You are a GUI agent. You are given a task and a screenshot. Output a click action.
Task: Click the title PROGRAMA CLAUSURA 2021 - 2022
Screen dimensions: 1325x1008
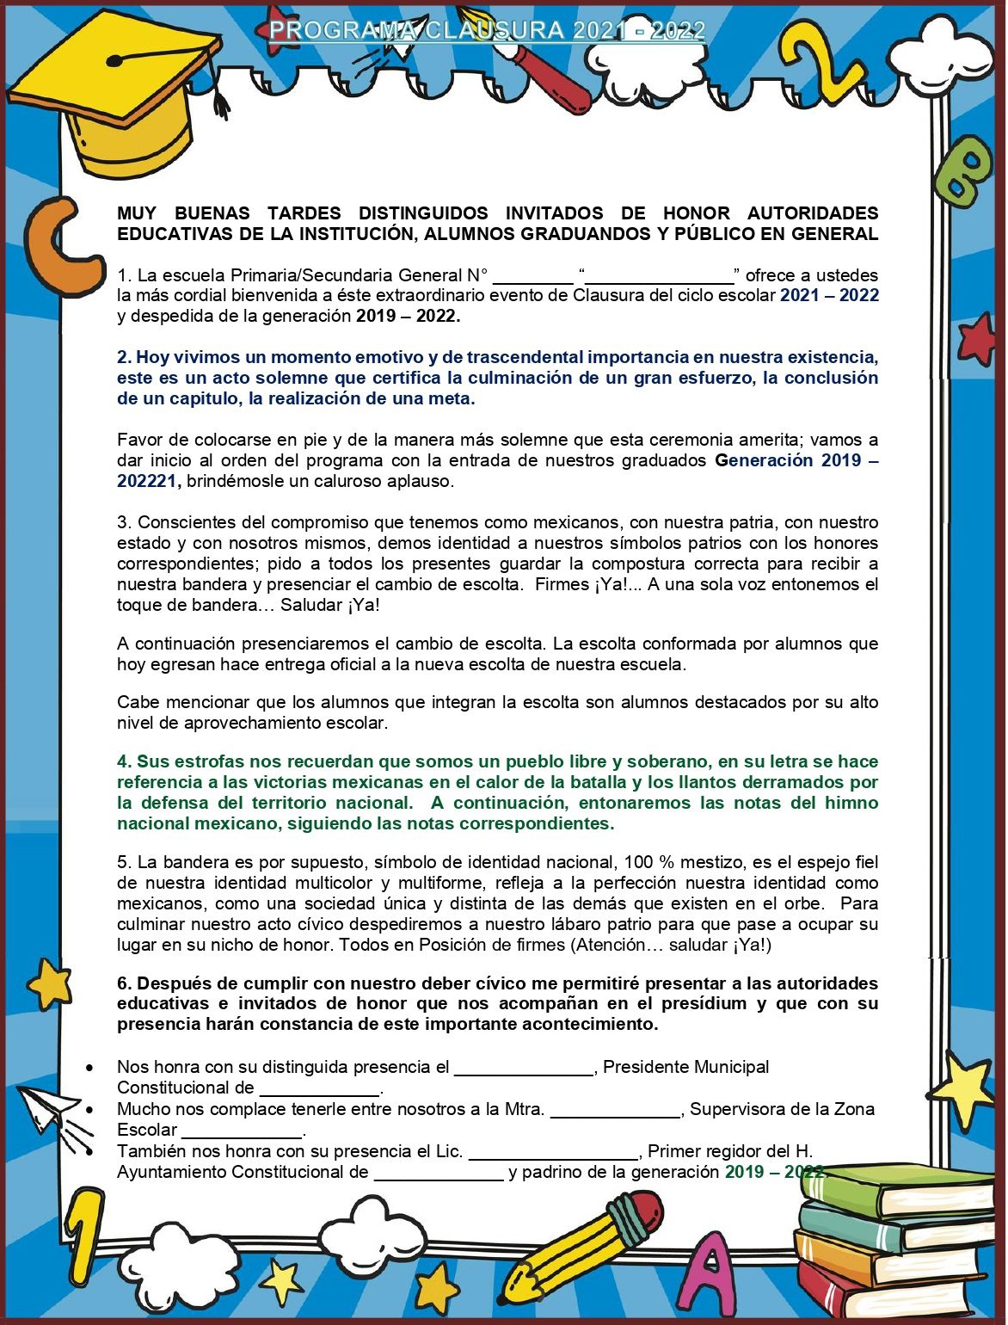[x=487, y=31]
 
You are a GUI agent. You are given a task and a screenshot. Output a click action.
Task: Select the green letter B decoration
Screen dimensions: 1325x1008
[x=963, y=169]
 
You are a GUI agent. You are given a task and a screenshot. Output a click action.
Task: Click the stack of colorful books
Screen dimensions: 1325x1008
[x=894, y=1239]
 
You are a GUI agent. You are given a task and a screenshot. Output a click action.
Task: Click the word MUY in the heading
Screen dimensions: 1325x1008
[x=137, y=213]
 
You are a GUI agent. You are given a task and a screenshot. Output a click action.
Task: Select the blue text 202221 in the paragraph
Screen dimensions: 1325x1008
[x=146, y=481]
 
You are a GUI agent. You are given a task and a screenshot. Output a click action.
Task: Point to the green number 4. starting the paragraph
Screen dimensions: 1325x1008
[x=125, y=761]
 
